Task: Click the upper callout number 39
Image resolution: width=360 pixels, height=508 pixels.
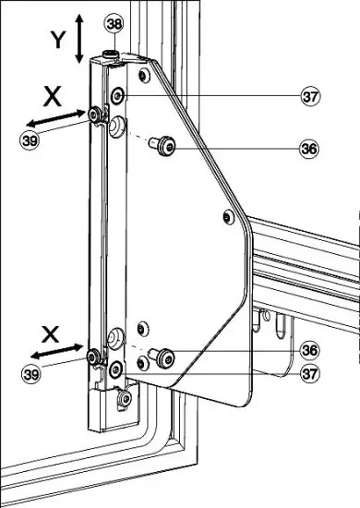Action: (x=30, y=140)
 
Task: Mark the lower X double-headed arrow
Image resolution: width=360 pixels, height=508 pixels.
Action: (x=53, y=352)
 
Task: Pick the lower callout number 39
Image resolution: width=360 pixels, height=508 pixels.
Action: (x=30, y=373)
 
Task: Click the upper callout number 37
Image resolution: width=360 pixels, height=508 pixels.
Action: (x=310, y=95)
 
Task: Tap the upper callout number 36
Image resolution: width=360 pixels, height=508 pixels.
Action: (x=310, y=147)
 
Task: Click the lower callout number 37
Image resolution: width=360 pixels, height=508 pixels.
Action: (x=310, y=373)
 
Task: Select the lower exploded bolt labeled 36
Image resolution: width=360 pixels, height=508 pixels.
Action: (x=163, y=357)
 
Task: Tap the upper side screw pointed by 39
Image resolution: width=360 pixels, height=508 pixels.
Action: (x=96, y=114)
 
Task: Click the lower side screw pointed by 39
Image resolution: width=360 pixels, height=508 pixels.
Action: (x=92, y=355)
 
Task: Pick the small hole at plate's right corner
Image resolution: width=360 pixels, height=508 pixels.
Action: (x=227, y=217)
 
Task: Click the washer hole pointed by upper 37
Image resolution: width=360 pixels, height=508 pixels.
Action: (x=117, y=94)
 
